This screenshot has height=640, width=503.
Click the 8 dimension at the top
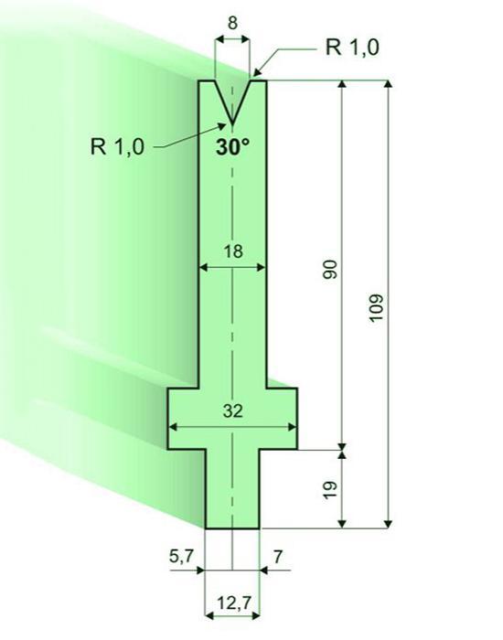(232, 23)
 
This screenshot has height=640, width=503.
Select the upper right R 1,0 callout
(352, 47)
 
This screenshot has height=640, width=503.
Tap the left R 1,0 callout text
(117, 146)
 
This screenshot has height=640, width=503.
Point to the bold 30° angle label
(232, 147)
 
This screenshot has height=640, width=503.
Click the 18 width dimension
(233, 251)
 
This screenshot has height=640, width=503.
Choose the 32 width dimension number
(233, 411)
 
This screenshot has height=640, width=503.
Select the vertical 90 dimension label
(331, 270)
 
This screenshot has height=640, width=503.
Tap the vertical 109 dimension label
(376, 307)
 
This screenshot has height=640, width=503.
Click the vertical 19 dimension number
(330, 489)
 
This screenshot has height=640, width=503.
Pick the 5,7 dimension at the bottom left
(182, 556)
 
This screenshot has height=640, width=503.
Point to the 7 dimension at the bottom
(278, 556)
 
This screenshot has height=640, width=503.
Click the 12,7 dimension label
(233, 603)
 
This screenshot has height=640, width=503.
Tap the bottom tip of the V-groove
(232, 123)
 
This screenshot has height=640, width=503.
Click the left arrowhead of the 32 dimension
(173, 427)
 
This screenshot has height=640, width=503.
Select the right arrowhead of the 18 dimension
(261, 268)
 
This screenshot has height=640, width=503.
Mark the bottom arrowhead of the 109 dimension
(389, 524)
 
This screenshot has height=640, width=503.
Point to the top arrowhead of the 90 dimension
(343, 85)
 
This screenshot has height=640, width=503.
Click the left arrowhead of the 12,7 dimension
(209, 615)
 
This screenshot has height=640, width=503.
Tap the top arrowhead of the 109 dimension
(389, 85)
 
